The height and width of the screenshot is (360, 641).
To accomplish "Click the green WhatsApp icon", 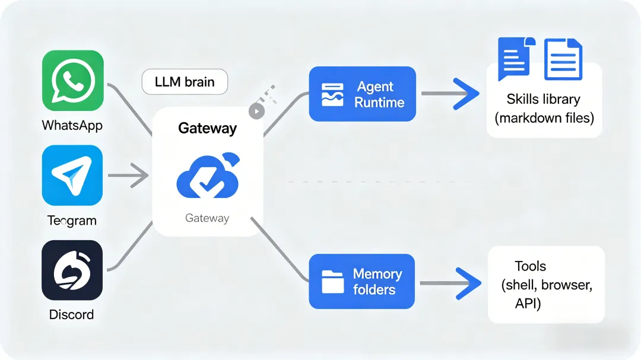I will coord(73,81).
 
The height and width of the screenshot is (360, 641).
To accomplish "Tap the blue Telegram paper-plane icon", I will coord(72,176).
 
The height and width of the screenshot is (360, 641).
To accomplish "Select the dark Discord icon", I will coord(72,270).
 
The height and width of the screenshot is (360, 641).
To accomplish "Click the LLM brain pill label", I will coord(185,82).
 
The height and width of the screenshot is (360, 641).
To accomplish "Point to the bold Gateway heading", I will coord(208,128).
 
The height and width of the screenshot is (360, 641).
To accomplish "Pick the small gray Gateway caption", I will coord(207,218).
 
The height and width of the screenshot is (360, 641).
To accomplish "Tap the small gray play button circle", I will coord(256,111).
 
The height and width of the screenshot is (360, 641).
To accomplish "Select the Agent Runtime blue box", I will coord(362,94).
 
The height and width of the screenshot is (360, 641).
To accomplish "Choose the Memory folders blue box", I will coord(362,282).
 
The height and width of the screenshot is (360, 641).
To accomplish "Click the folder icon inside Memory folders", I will coord(333,282).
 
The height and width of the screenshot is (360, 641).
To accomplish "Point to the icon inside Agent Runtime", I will coord(332,95).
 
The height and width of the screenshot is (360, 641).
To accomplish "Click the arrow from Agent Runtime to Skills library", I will coord(450,94).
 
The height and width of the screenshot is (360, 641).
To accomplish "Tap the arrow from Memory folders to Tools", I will coord(450,283).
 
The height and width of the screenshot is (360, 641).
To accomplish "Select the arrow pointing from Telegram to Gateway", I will coord(129,176).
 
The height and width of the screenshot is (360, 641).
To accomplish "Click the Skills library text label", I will coord(543,99).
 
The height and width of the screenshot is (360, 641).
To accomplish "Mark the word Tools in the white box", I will coord(530,266).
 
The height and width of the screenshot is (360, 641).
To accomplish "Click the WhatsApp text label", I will coord(72,126).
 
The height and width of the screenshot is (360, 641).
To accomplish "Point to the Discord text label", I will coord(72,314).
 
